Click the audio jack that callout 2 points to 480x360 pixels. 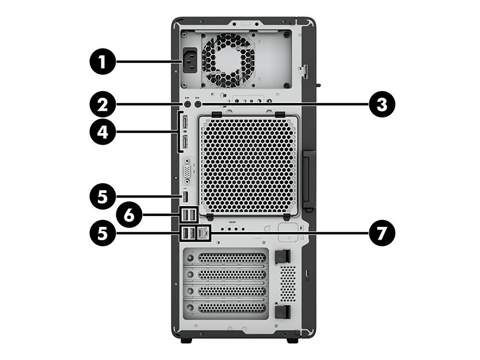[x=188, y=104]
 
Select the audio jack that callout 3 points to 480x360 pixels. [x=198, y=104]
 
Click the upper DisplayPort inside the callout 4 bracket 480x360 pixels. [x=186, y=123]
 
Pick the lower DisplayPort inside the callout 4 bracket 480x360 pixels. [x=186, y=142]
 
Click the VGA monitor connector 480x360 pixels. [x=187, y=171]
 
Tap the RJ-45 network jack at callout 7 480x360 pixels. [x=203, y=233]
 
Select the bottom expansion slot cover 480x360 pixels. [x=226, y=308]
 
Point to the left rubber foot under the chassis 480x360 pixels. [x=186, y=340]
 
